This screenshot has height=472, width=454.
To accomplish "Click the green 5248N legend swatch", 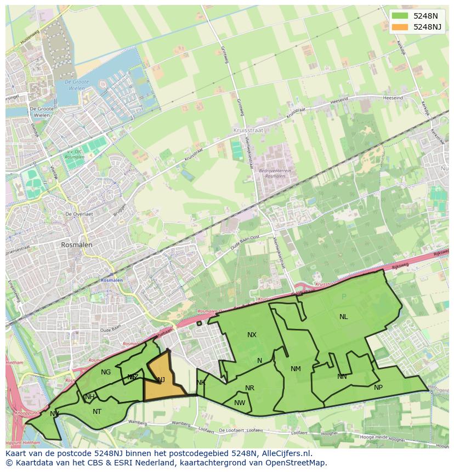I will pos(400,15).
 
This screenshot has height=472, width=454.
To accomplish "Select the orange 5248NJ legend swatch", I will pos(400,27).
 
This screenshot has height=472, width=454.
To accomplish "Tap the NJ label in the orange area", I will pos(161,380).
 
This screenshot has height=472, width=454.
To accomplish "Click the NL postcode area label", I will pos(343,317).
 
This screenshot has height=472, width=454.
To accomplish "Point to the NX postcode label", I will pos(252,335).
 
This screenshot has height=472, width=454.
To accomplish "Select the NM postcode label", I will pos(296,369).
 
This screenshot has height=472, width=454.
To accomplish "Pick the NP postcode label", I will pos(378,388).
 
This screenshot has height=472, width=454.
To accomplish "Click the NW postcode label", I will pos(240,403).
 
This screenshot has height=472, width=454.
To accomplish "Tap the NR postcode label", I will pos(249,388).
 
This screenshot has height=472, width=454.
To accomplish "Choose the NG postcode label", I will pos(106,372).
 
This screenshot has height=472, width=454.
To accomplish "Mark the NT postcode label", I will pos(97,412).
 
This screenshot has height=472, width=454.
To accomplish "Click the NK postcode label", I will pos(201,383).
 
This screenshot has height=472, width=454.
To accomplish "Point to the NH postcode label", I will pos(90,397).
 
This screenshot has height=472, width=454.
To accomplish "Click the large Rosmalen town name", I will pos(77,245).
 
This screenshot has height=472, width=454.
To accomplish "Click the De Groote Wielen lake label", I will pos(76,85).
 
